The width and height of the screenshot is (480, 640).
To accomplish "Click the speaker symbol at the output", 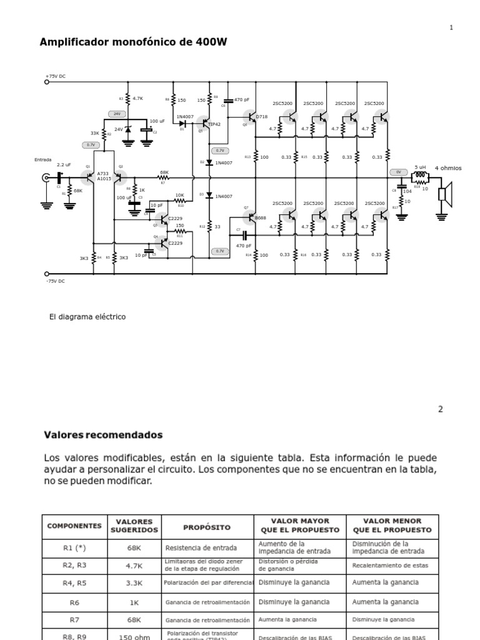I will [445, 194].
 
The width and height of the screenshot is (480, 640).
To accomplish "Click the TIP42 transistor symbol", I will [204, 124].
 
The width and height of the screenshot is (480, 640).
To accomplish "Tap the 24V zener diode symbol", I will [128, 129].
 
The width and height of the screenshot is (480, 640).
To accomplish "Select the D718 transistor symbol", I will [251, 117].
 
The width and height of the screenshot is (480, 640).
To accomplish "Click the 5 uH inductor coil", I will [420, 176].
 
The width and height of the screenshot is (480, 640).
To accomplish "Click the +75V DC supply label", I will [55, 76].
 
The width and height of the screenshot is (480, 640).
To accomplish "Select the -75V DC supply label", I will [55, 281].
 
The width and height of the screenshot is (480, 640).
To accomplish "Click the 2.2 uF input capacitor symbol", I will [61, 177].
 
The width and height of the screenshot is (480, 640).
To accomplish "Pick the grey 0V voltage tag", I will [397, 171].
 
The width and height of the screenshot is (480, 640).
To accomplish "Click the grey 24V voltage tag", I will [116, 114].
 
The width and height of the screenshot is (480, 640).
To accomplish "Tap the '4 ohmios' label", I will [448, 168].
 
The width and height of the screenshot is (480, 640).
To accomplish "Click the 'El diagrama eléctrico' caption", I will [87, 317].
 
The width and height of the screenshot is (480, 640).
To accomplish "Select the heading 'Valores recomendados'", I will [103, 434].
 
